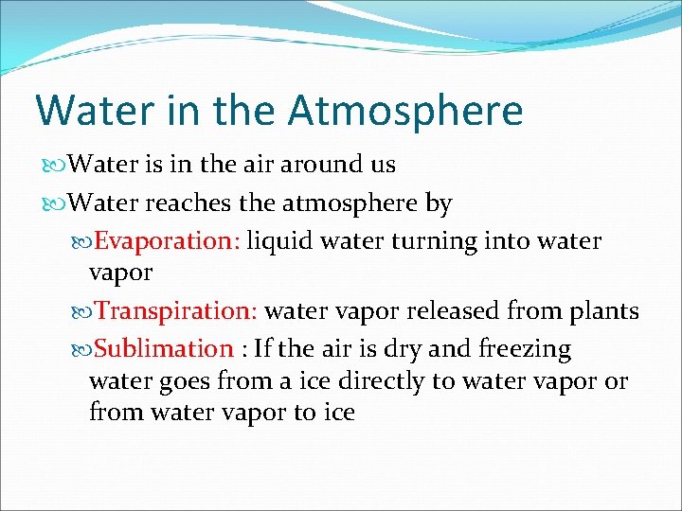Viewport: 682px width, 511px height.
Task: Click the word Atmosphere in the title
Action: [405, 110]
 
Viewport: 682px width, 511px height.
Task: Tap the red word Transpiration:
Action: [177, 311]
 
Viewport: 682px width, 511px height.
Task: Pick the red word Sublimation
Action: [164, 349]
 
